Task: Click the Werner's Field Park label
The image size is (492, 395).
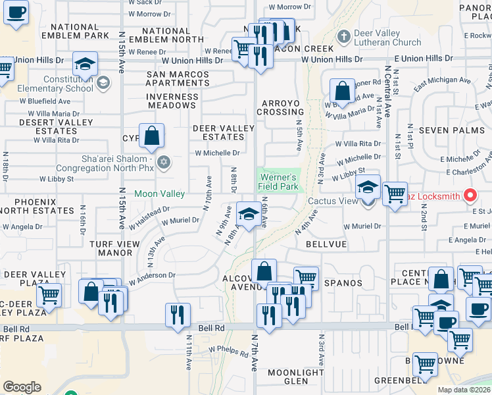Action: [279, 182]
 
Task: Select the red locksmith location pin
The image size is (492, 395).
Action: [470, 196]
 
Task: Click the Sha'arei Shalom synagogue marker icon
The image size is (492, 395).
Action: [164, 162]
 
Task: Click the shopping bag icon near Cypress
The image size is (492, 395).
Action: [151, 136]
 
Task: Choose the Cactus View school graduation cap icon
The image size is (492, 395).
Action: [368, 187]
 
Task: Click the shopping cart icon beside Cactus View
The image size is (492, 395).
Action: [395, 194]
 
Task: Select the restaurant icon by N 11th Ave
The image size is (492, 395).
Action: [178, 315]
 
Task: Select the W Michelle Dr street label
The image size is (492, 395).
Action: [217, 153]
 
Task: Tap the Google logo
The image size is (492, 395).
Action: [22, 386]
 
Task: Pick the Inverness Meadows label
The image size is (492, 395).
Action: [172, 101]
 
